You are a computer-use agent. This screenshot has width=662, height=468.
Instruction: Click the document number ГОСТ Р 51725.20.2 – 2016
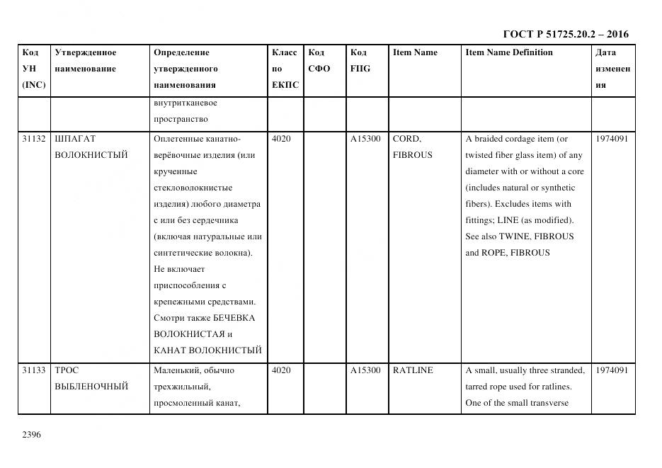[565, 34]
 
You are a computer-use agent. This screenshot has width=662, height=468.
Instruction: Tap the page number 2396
[32, 434]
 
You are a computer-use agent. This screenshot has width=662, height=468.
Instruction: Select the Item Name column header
[415, 52]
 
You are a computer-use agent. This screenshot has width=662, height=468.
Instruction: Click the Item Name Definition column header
[509, 52]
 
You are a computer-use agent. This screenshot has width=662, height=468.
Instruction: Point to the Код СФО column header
[319, 61]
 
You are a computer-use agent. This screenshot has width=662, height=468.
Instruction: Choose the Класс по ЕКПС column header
[285, 69]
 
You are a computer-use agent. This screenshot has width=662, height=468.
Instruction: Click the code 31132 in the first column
[33, 139]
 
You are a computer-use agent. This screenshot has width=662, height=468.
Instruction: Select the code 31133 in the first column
[33, 370]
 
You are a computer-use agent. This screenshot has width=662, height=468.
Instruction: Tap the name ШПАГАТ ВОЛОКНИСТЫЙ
[91, 147]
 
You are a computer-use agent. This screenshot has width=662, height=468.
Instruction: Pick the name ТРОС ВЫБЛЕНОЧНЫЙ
[91, 379]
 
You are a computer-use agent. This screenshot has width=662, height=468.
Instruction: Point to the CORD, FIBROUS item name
[412, 147]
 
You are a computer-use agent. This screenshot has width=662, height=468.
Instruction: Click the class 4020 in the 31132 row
[281, 139]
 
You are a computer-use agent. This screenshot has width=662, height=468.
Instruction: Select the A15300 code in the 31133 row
[365, 370]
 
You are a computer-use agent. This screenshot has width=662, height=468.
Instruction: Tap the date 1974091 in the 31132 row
[612, 139]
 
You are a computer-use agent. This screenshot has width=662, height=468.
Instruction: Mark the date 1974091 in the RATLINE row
[612, 370]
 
